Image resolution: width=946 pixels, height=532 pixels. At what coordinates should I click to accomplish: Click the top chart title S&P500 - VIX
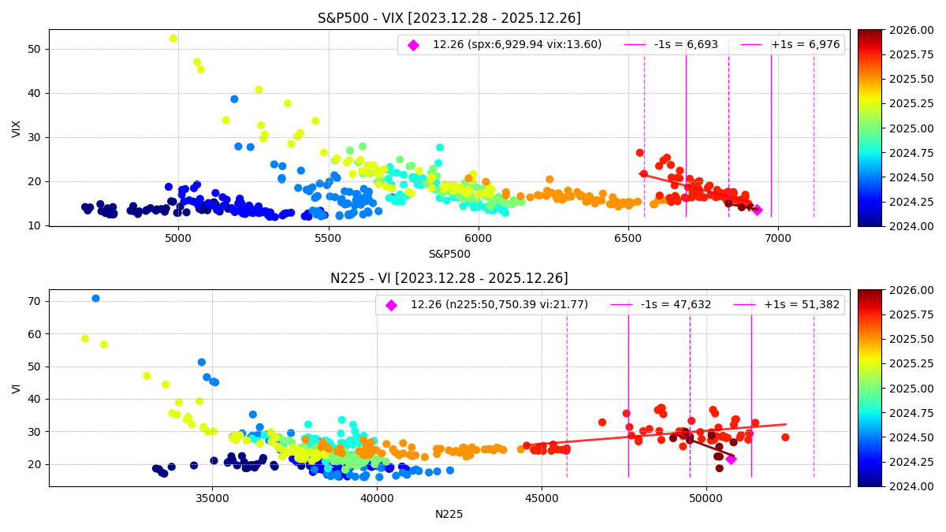click(449, 18)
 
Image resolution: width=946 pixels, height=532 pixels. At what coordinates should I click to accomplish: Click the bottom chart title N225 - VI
click(449, 278)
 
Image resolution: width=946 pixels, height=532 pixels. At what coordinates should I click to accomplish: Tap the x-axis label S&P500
click(449, 254)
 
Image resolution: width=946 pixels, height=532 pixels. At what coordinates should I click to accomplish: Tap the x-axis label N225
click(449, 514)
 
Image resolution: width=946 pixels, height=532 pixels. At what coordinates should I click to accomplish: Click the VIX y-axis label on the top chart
click(17, 128)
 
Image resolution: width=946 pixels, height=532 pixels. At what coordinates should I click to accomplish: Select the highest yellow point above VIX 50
click(173, 39)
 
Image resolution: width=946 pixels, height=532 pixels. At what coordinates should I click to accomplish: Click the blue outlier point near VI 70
click(95, 299)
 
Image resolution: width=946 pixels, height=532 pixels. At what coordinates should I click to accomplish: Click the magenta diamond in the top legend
click(413, 45)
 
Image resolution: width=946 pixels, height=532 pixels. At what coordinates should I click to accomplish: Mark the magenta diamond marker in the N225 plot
click(731, 459)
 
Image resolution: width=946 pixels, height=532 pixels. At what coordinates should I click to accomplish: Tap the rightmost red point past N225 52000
click(785, 437)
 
